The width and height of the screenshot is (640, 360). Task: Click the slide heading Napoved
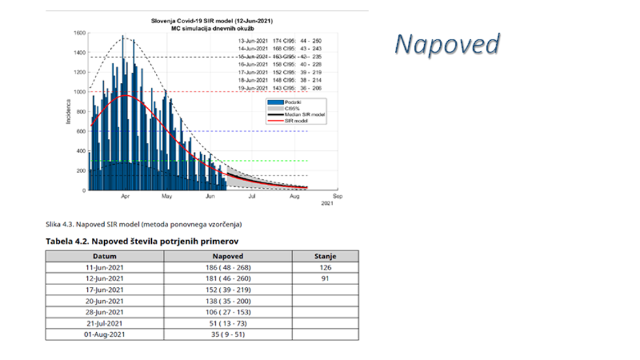click(448, 44)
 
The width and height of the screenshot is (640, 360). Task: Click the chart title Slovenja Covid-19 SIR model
click(212, 21)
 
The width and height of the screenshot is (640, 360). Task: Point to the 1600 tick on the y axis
click(79, 33)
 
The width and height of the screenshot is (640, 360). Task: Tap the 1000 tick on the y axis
click(79, 92)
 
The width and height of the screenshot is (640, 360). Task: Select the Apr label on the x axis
click(125, 196)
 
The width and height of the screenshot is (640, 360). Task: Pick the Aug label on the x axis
click(294, 196)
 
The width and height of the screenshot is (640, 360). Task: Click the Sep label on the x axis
click(336, 196)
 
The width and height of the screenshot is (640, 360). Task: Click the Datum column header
click(104, 257)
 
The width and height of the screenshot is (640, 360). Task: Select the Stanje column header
click(325, 257)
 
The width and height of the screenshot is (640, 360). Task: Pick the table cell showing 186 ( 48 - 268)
click(227, 267)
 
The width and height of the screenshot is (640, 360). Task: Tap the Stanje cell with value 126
click(325, 267)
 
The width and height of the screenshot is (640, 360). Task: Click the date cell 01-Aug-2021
click(104, 335)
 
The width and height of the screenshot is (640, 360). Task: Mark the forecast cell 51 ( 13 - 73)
click(227, 323)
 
